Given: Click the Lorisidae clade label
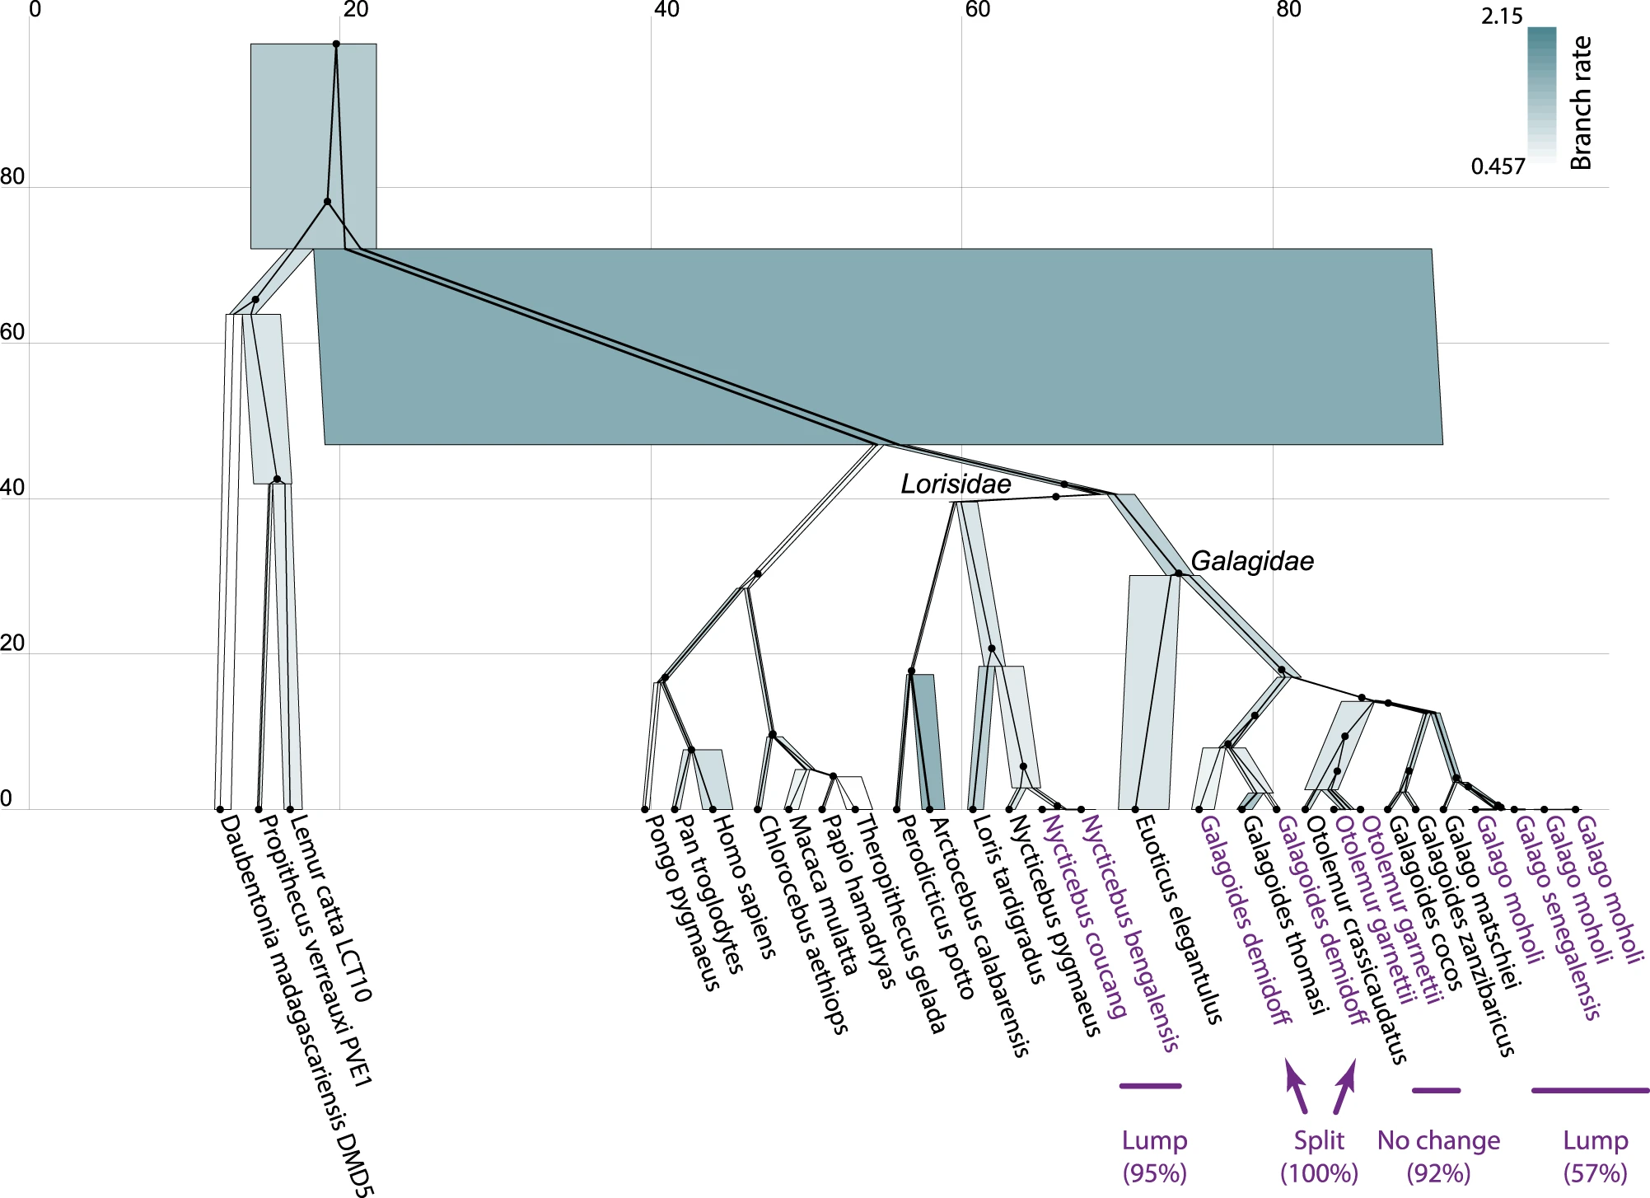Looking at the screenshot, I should tap(955, 484).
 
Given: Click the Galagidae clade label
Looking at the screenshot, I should tap(1251, 561).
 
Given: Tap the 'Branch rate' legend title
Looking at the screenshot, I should tap(1580, 103).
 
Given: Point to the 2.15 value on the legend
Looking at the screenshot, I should tap(1501, 16).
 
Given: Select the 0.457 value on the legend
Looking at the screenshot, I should tap(1498, 166).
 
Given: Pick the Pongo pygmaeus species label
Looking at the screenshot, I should tap(682, 901).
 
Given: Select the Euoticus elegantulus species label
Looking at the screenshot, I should tap(1177, 919).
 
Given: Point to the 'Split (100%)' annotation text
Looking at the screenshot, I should tap(1319, 1156).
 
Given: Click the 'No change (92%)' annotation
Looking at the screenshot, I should tap(1438, 1156).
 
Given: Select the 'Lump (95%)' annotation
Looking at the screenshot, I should tap(1154, 1156).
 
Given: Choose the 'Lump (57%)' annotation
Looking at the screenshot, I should tap(1595, 1156).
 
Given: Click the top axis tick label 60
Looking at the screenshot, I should tap(977, 10).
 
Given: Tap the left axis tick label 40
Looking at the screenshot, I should tap(12, 488).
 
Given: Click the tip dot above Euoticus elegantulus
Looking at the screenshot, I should tap(1135, 810).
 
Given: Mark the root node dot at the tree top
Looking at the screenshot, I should tap(336, 44).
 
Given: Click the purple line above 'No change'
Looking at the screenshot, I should tap(1436, 1090).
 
